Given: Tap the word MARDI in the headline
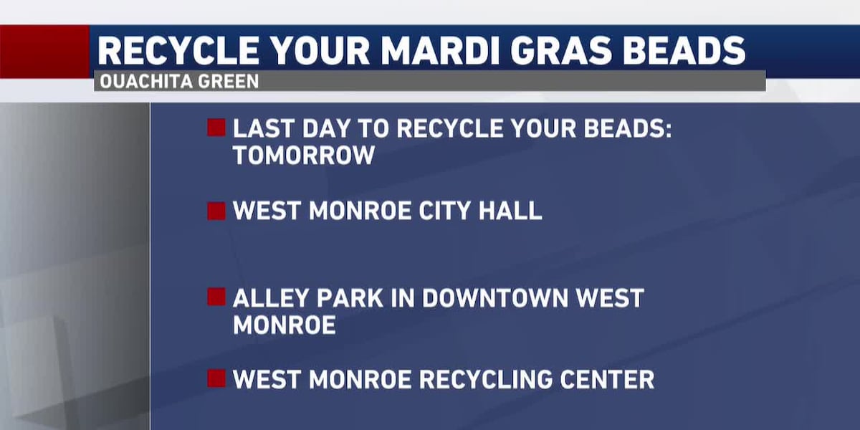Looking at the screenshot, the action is point(440,51).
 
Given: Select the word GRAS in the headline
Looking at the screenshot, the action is point(561,51).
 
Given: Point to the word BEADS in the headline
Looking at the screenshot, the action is point(684,51).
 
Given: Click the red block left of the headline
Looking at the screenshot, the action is point(44,52).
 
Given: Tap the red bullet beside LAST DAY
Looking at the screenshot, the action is point(216,128).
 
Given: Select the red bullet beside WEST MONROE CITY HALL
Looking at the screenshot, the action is point(216,211).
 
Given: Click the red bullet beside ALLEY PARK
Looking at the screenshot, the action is point(216,297).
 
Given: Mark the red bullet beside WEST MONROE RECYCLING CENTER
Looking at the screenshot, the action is point(216,378).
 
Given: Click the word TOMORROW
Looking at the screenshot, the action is point(304,156).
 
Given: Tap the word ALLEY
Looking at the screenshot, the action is point(270,298).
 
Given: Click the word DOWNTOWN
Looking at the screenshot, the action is point(495,298).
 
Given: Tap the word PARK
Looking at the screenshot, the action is point(350,298).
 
